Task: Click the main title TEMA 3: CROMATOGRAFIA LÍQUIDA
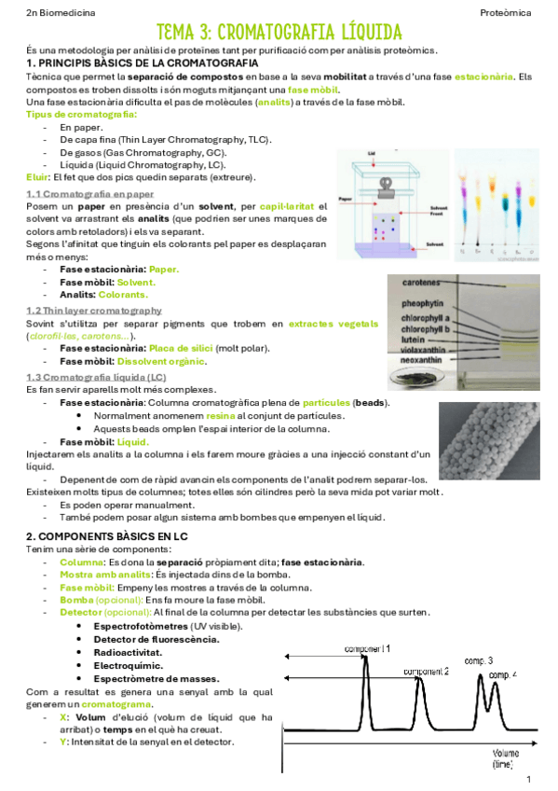pos(279,34)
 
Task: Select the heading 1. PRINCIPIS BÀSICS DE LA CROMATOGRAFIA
pos(143,62)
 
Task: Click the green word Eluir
pos(37,177)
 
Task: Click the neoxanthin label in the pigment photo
pos(433,356)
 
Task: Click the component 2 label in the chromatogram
pos(426,672)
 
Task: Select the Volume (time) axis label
pos(507,757)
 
